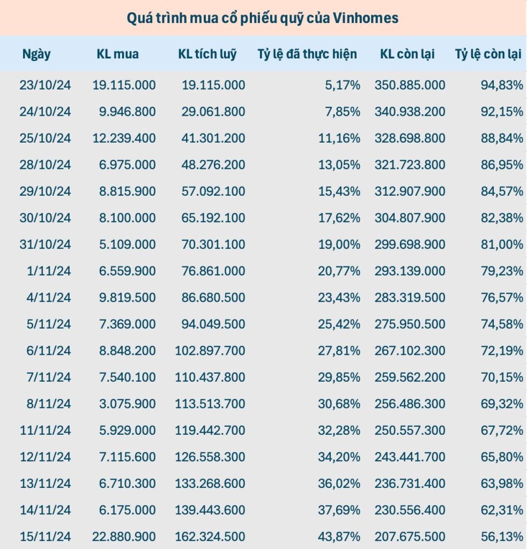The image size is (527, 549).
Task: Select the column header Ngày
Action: point(36,54)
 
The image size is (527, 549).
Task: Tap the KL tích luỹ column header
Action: point(207,54)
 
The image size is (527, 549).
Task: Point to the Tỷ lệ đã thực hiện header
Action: point(307,54)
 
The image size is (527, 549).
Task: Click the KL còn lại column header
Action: point(407,54)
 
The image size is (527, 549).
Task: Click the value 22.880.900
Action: point(124,536)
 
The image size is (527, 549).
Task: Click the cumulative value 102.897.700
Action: point(210,351)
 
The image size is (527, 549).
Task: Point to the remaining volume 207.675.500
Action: point(410,536)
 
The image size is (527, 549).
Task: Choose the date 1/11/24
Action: point(48,271)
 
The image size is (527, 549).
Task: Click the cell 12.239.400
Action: point(124,138)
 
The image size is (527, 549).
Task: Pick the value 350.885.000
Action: point(410,85)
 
